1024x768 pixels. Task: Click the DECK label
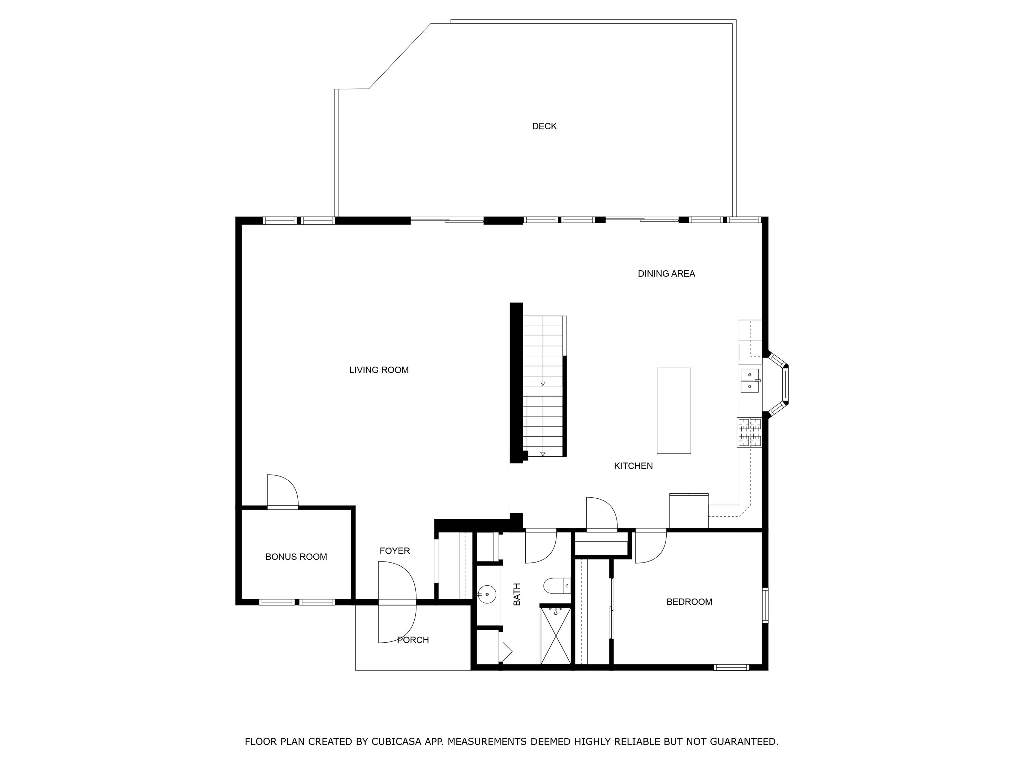click(544, 126)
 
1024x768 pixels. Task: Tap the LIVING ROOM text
click(379, 370)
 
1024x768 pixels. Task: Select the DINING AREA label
click(666, 274)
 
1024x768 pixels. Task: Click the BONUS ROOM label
click(296, 557)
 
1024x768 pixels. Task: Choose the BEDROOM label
click(689, 602)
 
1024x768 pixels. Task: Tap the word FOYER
click(395, 551)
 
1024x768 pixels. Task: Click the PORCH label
click(412, 640)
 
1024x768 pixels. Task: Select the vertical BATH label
click(517, 594)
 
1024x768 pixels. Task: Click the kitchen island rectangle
click(673, 411)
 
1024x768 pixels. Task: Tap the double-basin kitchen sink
click(750, 381)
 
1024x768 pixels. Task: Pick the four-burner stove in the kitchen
click(750, 432)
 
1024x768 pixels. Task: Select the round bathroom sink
click(486, 594)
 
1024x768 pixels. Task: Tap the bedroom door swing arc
click(651, 547)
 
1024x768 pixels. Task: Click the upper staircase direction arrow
click(543, 383)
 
